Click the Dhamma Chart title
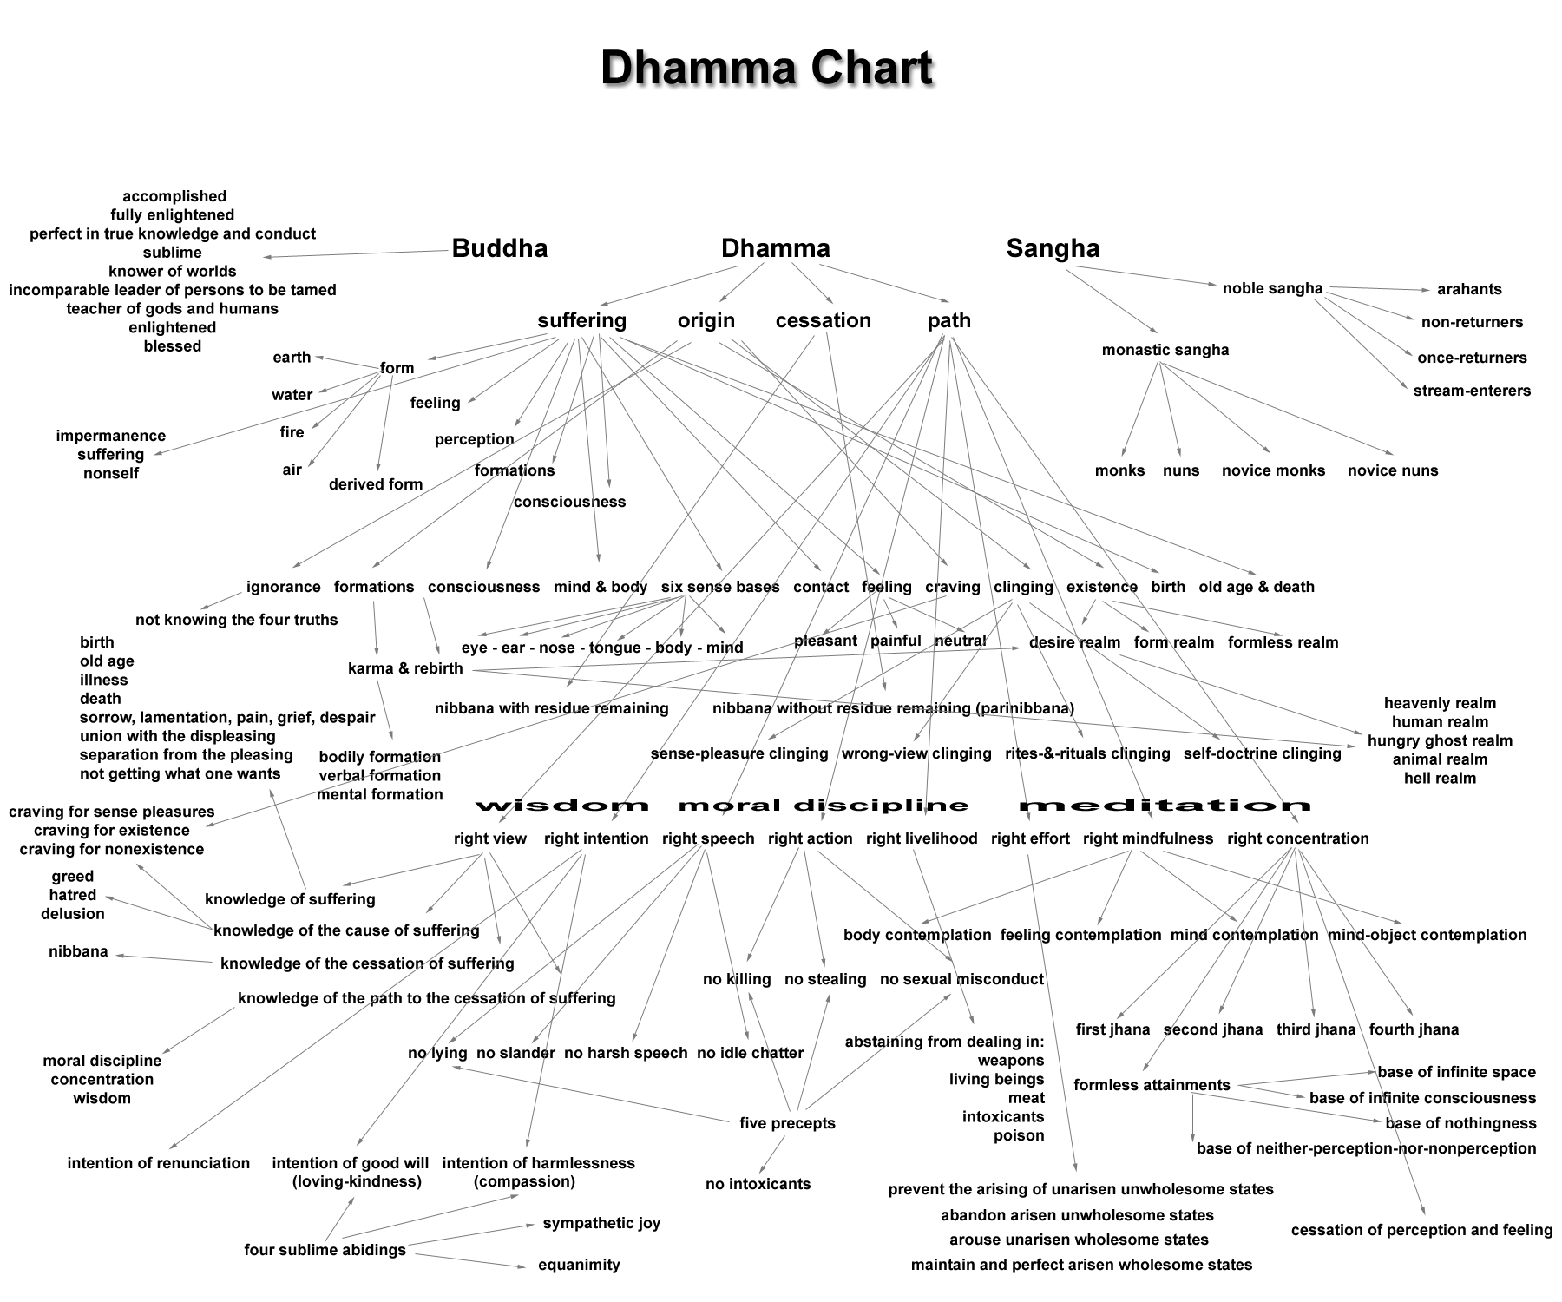[766, 68]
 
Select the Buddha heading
[500, 248]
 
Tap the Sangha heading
[1053, 248]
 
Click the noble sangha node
[1272, 288]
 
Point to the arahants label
[1469, 289]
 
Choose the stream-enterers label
[1472, 391]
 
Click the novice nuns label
[1393, 470]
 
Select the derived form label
[376, 484]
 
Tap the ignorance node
[284, 587]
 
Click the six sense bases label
[720, 587]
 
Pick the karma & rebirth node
[405, 668]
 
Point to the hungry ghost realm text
[1440, 740]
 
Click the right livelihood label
[922, 838]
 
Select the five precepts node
[787, 1123]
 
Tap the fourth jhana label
[1414, 1029]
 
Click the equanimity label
[579, 1265]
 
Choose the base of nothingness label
[1460, 1123]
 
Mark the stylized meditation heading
[1165, 806]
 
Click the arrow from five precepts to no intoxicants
[771, 1154]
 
